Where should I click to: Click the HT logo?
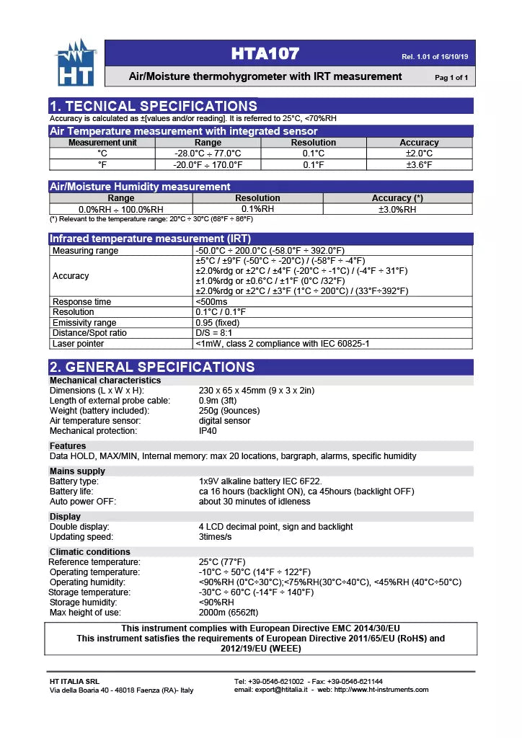76,64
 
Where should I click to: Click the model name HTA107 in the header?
265,53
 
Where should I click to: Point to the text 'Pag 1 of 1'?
451,78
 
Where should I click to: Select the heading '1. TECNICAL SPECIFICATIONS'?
153,106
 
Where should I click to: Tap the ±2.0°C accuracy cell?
419,154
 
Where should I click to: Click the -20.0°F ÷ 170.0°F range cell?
208,165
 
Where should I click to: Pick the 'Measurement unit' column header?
102,143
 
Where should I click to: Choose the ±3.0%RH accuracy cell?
397,210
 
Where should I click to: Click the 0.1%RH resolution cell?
257,209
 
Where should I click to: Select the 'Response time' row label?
82,302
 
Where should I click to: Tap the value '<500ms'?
211,302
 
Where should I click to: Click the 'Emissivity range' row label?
84,323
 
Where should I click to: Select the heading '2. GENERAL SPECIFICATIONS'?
152,367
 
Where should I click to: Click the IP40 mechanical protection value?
208,431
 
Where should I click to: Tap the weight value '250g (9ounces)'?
229,411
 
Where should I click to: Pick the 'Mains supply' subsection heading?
77,471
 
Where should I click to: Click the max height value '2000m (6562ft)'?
229,613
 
